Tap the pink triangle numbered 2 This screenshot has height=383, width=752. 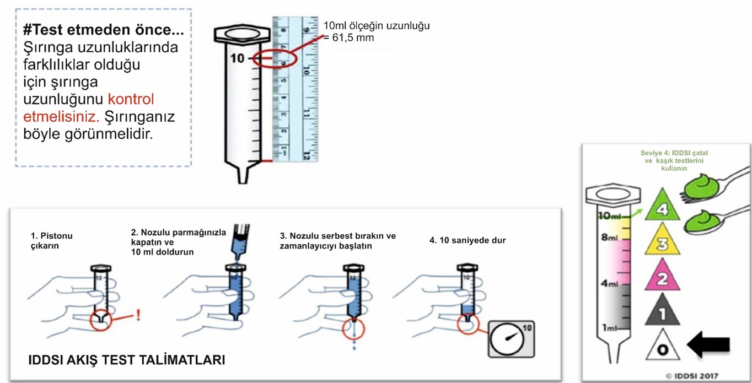tap(662, 278)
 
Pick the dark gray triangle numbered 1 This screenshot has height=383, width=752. tap(662, 312)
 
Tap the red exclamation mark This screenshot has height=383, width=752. tap(138, 315)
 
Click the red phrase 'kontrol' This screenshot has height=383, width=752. tap(131, 99)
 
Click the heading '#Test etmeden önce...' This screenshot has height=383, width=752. tap(104, 30)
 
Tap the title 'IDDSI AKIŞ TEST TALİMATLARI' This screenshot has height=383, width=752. tap(127, 361)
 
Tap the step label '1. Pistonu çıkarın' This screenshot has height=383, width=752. tap(52, 241)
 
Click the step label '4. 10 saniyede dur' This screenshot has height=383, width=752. tap(468, 240)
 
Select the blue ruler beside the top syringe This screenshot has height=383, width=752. tap(296, 88)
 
